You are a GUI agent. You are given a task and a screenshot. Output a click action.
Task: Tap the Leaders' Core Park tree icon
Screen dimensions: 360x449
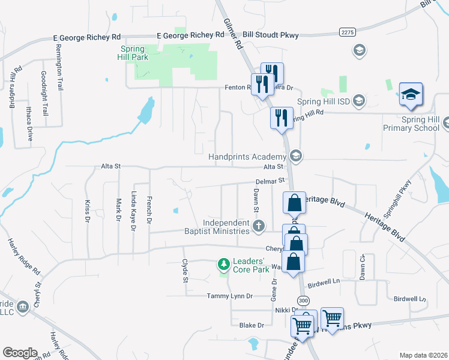coord(223,264)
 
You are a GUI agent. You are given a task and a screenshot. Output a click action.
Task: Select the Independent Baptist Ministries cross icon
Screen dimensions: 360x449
coord(258,226)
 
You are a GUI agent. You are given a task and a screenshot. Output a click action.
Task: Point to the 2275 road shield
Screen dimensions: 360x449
coord(346,31)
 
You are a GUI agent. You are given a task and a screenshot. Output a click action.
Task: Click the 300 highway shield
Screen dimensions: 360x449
coord(302,300)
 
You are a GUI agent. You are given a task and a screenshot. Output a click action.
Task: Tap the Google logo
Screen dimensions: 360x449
coord(20,353)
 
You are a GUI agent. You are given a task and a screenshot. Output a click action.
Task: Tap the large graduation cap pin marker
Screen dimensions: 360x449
coord(411,95)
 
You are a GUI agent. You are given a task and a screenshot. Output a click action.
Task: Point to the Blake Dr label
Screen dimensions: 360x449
coord(252,325)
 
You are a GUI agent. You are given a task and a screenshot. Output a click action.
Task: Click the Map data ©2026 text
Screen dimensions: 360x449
coord(424,355)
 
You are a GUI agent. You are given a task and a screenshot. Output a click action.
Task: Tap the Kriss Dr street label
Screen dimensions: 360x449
coord(87,211)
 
